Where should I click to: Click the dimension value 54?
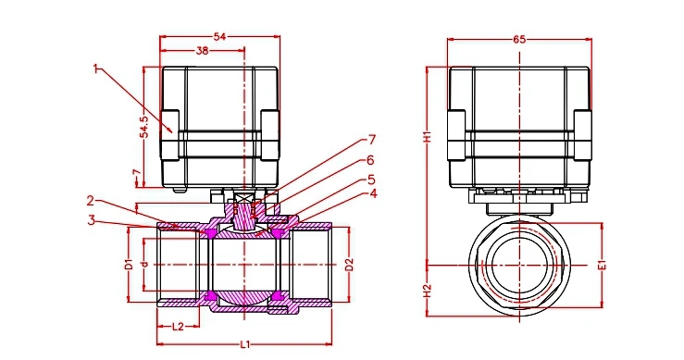(219, 37)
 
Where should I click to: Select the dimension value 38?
(202, 51)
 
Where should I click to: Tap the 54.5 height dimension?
(144, 127)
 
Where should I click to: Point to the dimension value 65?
(519, 40)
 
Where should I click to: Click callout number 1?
(96, 68)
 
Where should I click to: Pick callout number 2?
(91, 201)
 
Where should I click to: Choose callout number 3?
(91, 220)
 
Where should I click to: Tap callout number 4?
(373, 193)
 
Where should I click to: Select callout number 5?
(371, 179)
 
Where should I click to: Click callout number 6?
(370, 160)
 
